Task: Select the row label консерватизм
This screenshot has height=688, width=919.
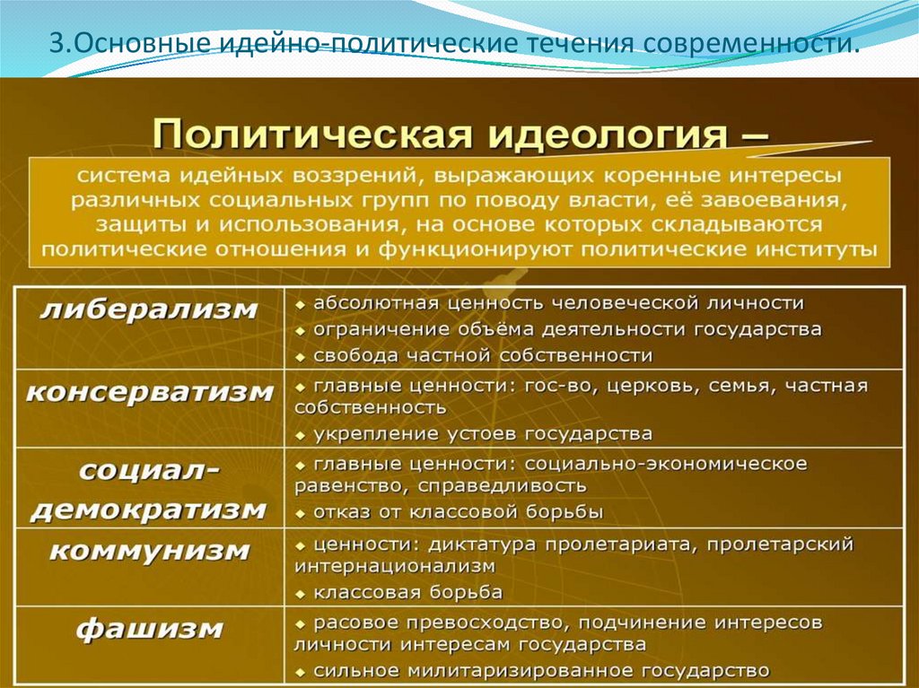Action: pos(149,392)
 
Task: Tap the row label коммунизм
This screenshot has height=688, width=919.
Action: pos(149,550)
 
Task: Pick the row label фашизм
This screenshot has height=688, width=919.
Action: pos(149,629)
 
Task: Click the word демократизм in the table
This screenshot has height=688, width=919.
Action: pos(149,510)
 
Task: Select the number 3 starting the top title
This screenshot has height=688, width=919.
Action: pos(55,45)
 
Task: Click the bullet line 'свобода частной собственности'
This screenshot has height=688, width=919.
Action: pos(482,354)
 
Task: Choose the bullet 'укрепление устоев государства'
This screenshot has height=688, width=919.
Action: pos(482,434)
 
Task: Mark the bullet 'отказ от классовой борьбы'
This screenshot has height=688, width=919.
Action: pos(458,512)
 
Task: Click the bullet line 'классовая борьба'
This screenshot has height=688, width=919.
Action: pos(407,592)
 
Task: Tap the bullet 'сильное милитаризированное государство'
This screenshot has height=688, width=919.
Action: pos(541,670)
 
